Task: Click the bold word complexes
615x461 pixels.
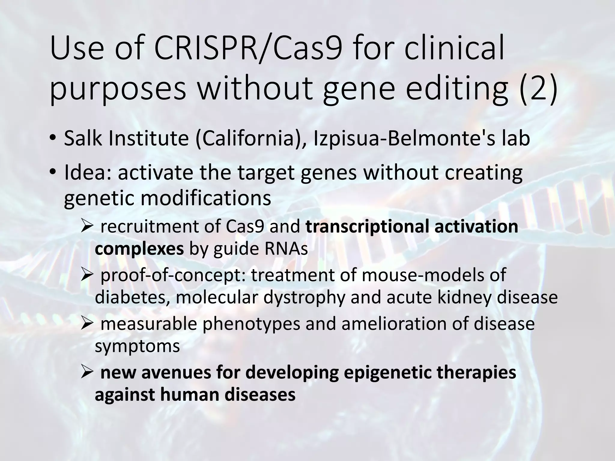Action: coord(139,249)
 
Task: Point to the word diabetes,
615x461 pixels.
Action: coord(132,297)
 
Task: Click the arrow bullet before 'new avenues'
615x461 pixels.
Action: coord(88,372)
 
